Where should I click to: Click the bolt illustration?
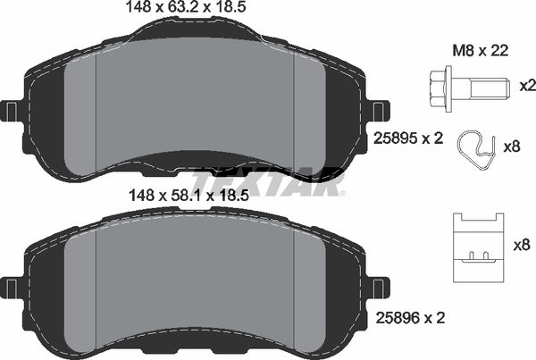(x=465, y=87)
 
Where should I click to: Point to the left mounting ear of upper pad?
(x=13, y=112)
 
